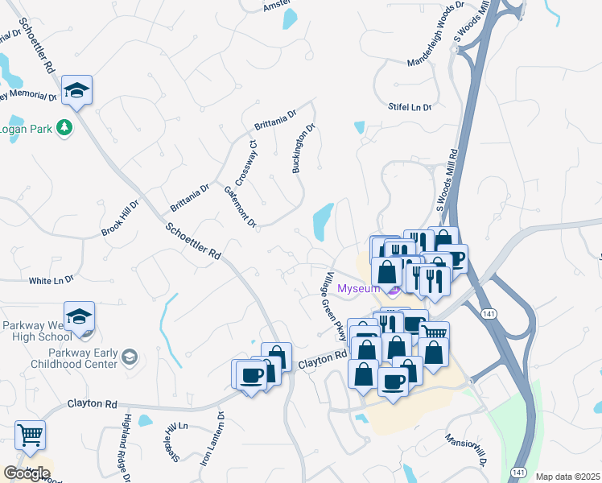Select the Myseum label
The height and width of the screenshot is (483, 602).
click(x=358, y=288)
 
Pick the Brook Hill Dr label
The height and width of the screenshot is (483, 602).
click(x=121, y=219)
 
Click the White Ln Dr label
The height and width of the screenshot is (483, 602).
click(x=51, y=280)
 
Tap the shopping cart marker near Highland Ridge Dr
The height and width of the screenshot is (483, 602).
click(x=30, y=436)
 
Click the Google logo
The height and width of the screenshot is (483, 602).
click(x=26, y=473)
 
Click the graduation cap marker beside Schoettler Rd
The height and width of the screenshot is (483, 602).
click(x=77, y=90)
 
